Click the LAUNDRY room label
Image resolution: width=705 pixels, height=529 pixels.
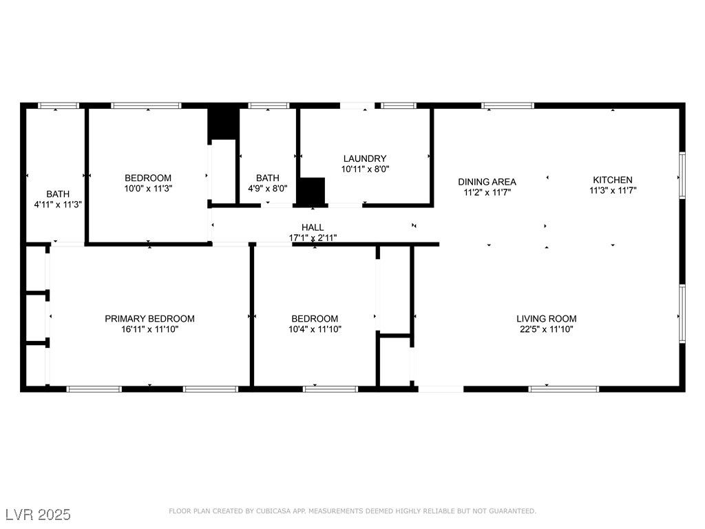coord(365,158)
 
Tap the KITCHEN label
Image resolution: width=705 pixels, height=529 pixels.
coord(612,180)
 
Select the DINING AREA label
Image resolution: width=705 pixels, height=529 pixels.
coord(487,182)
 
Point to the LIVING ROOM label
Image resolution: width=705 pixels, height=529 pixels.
coord(546,318)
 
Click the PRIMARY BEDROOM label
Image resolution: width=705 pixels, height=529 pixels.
coord(149,318)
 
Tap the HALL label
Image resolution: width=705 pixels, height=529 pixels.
coord(313,227)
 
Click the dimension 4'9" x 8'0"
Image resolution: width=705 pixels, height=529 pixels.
coord(268,189)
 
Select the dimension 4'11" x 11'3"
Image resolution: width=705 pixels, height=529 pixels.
coord(58,204)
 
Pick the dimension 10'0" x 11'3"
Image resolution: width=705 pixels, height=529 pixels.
coord(148,189)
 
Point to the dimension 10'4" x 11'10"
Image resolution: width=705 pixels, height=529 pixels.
coord(315,329)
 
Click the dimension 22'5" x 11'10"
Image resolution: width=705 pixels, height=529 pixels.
coord(546,329)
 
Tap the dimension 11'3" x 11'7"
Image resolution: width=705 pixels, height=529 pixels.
coord(612,190)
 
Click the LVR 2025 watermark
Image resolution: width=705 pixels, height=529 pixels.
coord(39,515)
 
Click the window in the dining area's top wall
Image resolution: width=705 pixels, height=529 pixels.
coord(507,105)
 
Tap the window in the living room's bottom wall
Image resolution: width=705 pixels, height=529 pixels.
coord(564,389)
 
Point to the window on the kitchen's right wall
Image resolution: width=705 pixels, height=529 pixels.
coord(682,176)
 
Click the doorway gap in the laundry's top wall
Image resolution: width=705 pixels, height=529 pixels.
coord(357,105)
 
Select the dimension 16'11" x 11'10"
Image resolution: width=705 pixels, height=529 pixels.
coord(149,329)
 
